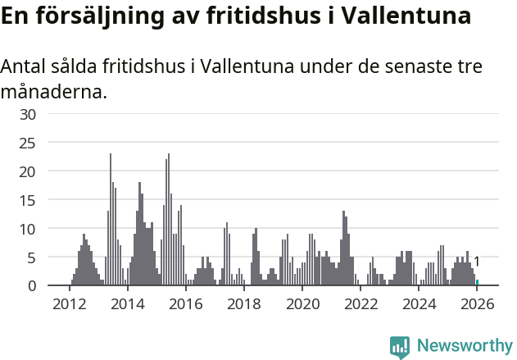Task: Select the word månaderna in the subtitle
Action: [53, 91]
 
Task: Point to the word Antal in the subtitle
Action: [25, 66]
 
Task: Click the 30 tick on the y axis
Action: [28, 114]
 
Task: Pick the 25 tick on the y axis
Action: [28, 143]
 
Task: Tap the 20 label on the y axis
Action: [28, 171]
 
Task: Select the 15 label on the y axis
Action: [28, 200]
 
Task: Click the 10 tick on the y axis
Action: [28, 229]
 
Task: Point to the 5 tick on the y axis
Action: [32, 257]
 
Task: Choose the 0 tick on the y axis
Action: [32, 286]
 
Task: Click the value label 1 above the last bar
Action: [477, 262]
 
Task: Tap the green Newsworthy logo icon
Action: [400, 347]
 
